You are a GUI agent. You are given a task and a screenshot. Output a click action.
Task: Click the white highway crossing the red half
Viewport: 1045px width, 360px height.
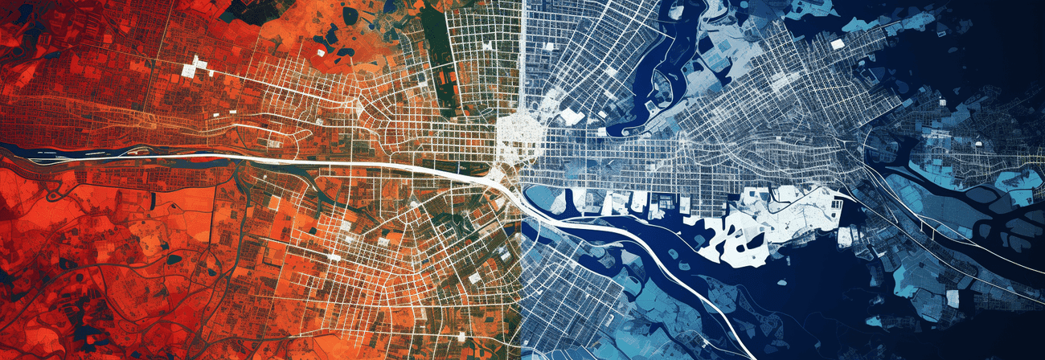coord(322,163)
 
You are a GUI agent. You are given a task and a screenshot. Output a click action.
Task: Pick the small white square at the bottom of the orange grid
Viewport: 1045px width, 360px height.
coord(474,277)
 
